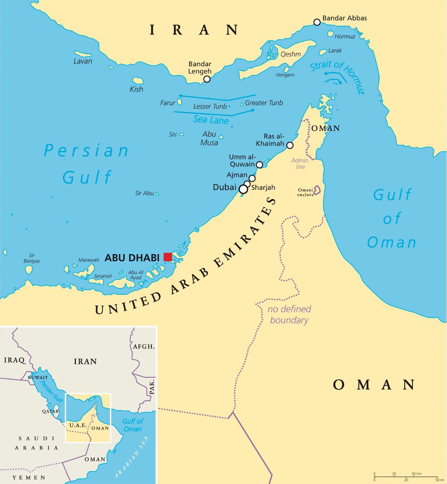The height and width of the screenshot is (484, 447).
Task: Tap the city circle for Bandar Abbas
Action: (317, 22)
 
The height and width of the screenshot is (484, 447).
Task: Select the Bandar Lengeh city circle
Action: (207, 79)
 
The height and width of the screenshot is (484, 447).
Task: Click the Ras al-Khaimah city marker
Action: (290, 145)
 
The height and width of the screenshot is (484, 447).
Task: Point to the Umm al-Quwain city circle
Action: (259, 165)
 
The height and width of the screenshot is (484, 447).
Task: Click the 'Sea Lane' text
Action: (211, 120)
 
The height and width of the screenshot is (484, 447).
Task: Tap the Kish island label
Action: (136, 89)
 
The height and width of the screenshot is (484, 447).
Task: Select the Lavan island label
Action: (83, 61)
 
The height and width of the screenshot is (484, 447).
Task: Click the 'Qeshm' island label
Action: (291, 54)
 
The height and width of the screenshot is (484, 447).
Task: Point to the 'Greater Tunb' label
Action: (264, 103)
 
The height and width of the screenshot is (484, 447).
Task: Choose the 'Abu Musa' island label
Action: (209, 138)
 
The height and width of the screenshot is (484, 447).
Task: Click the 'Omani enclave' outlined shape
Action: (317, 190)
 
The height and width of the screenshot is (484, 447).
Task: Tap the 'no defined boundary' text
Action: (290, 315)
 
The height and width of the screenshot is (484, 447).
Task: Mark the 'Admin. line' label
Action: (300, 163)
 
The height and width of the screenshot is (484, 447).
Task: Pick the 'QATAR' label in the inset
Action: (50, 411)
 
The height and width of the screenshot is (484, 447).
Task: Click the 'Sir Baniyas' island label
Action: (31, 258)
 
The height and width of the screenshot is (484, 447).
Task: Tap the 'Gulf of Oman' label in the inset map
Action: (133, 425)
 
